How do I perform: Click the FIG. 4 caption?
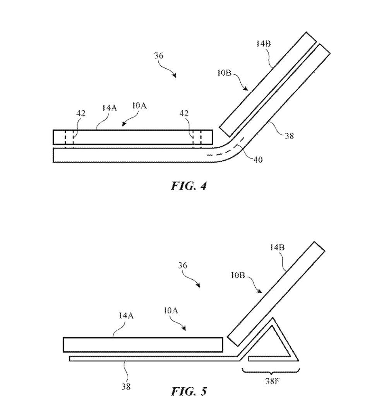(189, 186)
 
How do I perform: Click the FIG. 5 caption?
(189, 391)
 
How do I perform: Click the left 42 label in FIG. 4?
(81, 113)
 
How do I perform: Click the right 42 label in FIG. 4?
(184, 113)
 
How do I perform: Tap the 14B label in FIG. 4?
(263, 44)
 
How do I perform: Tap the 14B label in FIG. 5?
(277, 248)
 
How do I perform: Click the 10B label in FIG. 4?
(224, 72)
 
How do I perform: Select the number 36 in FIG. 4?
(159, 56)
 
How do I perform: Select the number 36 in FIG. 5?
(183, 265)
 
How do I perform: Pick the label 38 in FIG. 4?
(289, 136)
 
